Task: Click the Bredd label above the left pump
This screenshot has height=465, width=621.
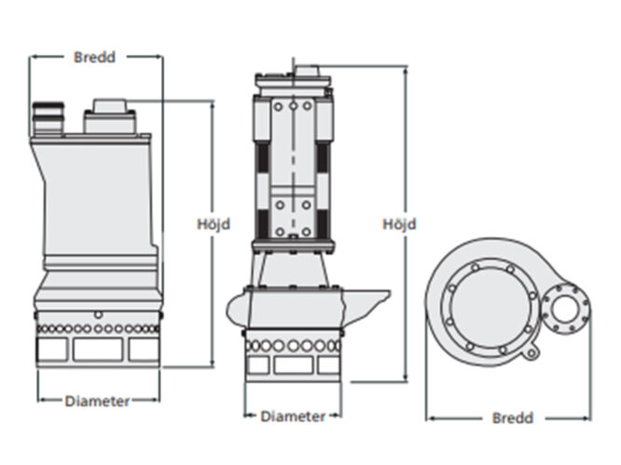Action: point(94,57)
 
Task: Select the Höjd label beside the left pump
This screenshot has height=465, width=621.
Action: point(214,225)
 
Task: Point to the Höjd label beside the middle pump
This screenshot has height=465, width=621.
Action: point(399,225)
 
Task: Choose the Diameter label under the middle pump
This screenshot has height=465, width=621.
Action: point(293,417)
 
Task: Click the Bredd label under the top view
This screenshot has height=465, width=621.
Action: point(512,418)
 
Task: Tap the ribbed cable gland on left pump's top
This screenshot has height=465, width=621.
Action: point(46,117)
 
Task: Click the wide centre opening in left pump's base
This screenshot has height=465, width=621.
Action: point(98,350)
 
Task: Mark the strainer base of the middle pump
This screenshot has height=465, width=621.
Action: point(293,354)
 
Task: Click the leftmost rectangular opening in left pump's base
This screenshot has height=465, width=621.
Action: point(51,350)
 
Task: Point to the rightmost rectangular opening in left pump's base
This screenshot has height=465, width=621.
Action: point(144,350)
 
